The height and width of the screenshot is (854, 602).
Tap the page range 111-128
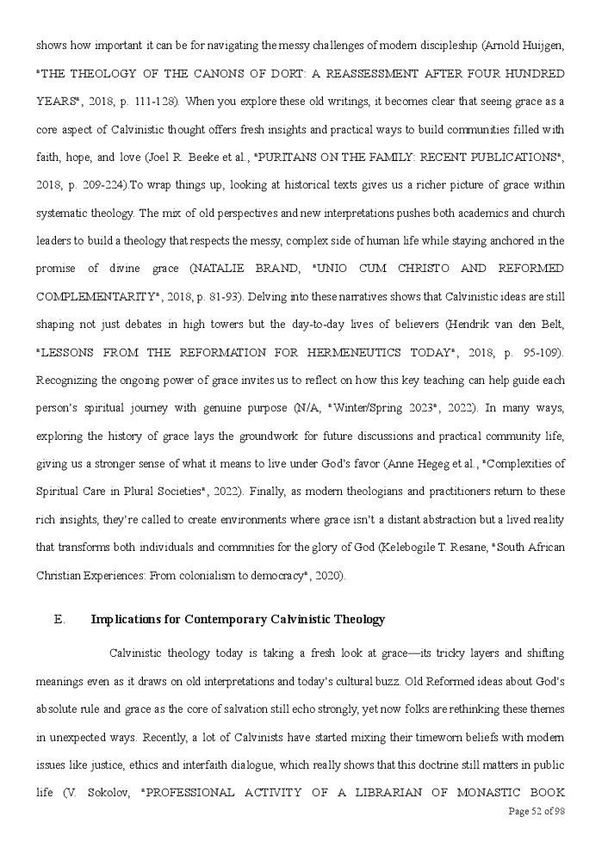[x=153, y=102]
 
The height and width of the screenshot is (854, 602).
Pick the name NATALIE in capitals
[x=229, y=269]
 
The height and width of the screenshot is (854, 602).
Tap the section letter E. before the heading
[x=59, y=620]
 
